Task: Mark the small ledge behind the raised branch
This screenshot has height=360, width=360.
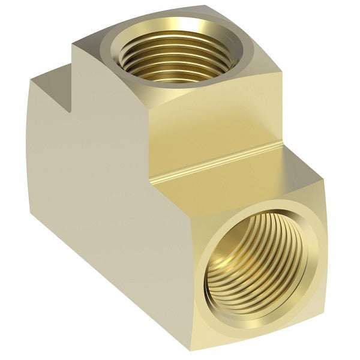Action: (x=51, y=81)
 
